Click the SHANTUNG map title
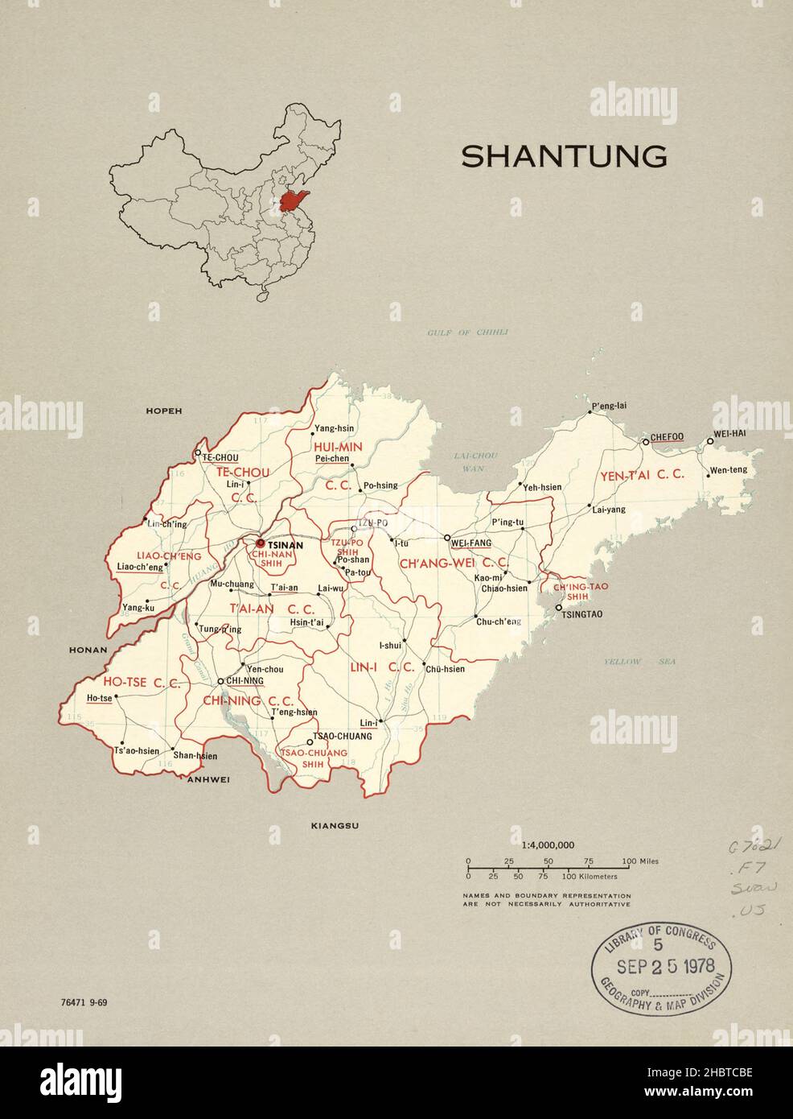pyautogui.click(x=563, y=156)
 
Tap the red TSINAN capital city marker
pyautogui.click(x=260, y=543)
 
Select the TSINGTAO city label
pyautogui.click(x=578, y=614)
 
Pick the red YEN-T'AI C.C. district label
pyautogui.click(x=641, y=475)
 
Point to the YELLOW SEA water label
pyautogui.click(x=640, y=663)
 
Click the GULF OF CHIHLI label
pyautogui.click(x=468, y=332)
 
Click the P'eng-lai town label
pyautogui.click(x=608, y=406)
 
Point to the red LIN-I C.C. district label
pyautogui.click(x=381, y=667)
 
